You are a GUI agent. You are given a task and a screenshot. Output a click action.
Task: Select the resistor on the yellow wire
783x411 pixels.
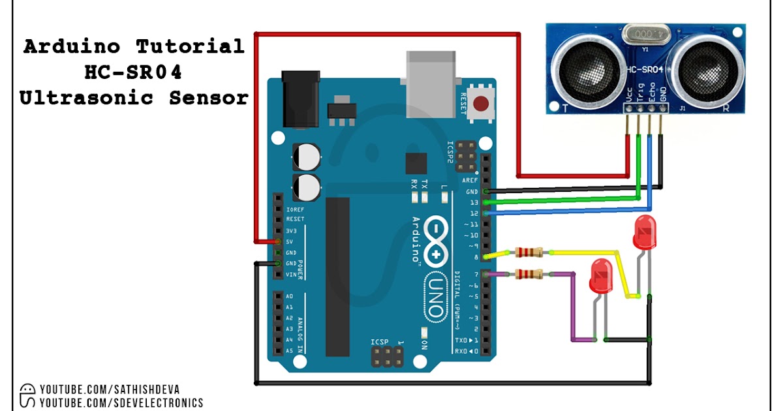529,252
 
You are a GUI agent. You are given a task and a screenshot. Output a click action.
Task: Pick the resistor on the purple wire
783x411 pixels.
529,275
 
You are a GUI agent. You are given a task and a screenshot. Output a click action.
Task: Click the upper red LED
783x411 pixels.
645,232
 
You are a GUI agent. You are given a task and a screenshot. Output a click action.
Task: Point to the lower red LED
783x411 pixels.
600,277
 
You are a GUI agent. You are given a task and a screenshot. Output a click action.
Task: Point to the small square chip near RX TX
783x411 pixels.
416,163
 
